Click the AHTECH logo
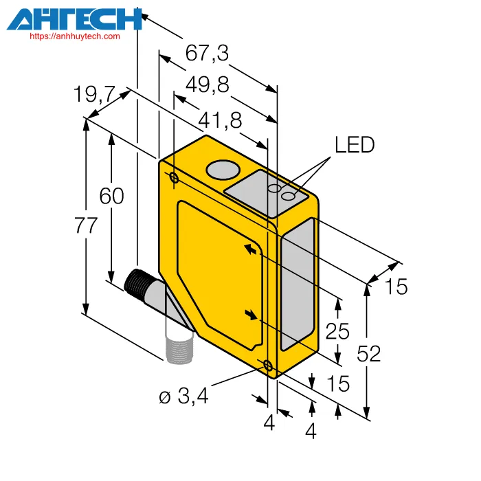click(x=74, y=19)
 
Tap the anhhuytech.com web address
click(x=75, y=36)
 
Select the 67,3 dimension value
click(x=207, y=53)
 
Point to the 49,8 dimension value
click(x=208, y=85)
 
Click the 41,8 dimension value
click(x=220, y=120)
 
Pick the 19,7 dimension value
click(x=95, y=94)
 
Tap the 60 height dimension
click(x=111, y=196)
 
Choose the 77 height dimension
click(x=86, y=225)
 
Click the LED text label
click(x=355, y=145)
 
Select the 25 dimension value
click(x=337, y=331)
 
